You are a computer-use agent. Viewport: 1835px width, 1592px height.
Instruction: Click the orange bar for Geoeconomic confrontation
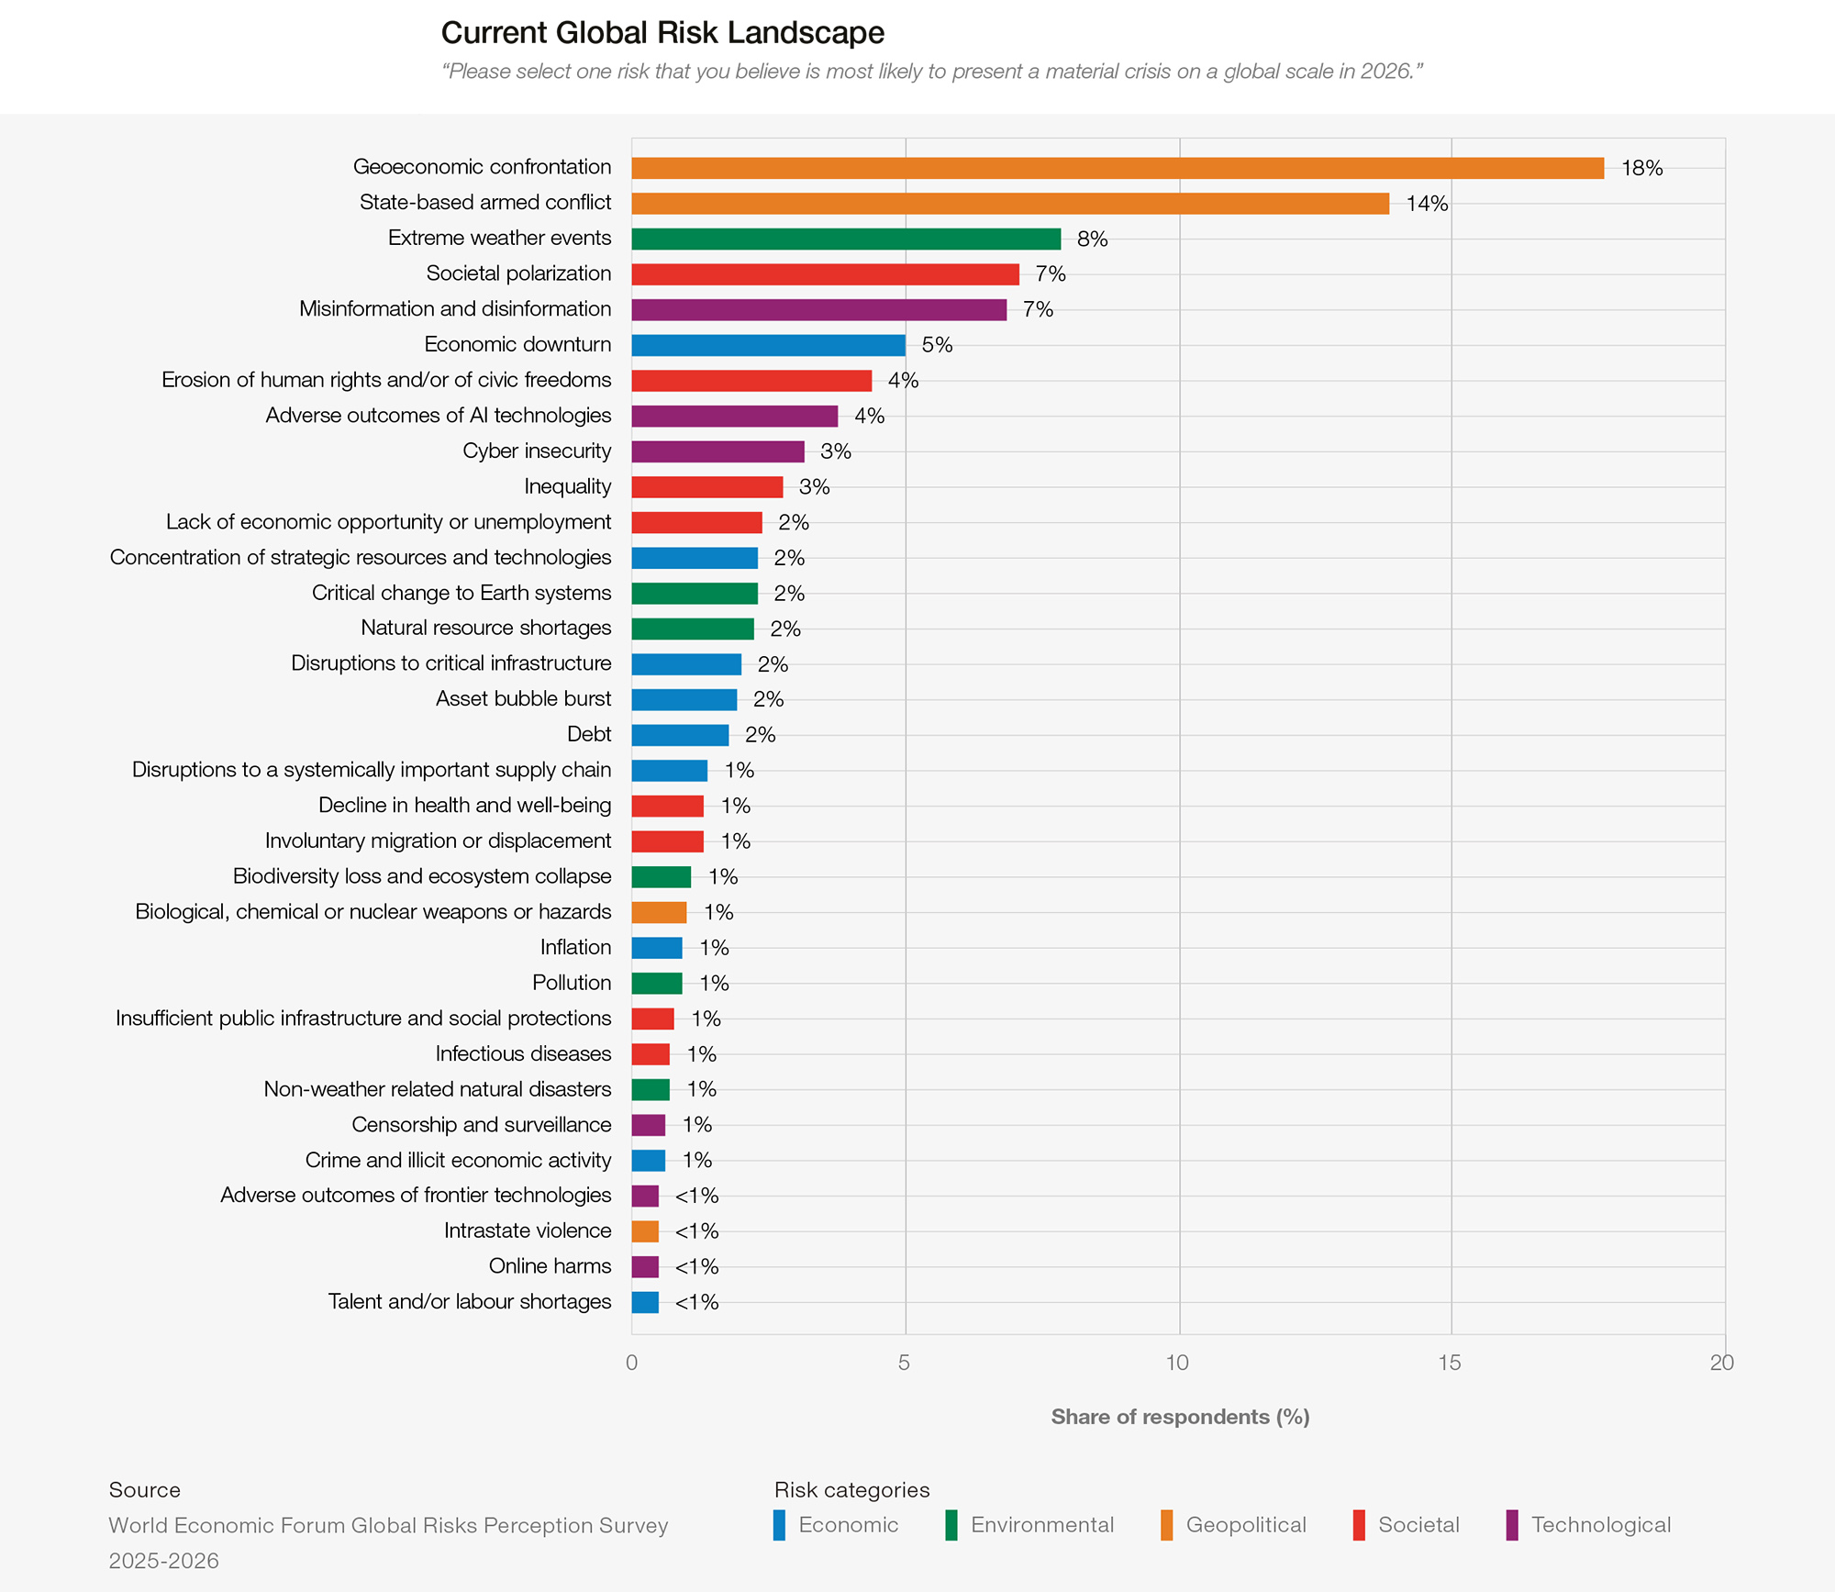point(1118,168)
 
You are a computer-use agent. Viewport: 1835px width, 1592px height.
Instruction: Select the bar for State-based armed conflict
point(1010,203)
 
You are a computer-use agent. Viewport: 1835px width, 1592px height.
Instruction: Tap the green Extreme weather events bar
point(846,239)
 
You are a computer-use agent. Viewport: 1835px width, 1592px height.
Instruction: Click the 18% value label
point(1641,168)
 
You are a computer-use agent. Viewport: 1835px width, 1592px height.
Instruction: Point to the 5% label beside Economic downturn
point(937,345)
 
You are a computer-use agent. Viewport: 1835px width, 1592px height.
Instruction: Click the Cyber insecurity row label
point(537,451)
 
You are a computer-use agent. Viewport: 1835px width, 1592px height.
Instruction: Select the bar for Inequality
point(707,486)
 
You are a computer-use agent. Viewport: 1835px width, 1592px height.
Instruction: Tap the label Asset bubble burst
point(523,698)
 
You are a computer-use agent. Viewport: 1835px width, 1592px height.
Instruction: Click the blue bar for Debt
point(680,734)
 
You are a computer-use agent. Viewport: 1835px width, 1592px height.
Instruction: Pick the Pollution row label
point(572,983)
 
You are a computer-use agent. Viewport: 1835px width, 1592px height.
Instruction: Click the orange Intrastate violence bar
point(645,1231)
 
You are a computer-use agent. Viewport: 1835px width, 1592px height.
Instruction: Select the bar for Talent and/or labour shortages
point(645,1302)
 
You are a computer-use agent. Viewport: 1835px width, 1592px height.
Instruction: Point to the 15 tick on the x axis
point(1449,1363)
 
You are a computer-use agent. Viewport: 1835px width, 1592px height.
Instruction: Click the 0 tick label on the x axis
point(631,1363)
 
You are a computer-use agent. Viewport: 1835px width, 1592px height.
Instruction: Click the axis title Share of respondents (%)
point(1180,1417)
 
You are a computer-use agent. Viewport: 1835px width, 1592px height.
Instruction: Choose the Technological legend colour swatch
point(1512,1525)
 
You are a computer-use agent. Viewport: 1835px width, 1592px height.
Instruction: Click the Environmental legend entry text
point(1042,1525)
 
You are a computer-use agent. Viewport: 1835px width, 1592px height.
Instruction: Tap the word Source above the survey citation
point(145,1490)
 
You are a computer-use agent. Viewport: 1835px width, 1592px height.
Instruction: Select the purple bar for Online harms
point(645,1267)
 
